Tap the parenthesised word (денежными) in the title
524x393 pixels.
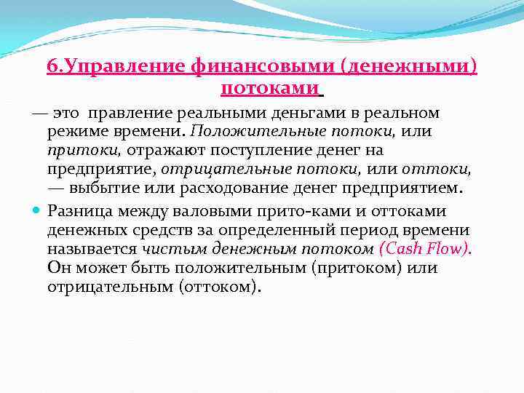click(x=409, y=68)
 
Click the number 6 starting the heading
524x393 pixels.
click(x=52, y=68)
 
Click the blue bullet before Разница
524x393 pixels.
click(x=36, y=211)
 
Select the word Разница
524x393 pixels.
click(x=78, y=211)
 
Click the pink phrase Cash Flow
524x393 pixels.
click(x=426, y=249)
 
